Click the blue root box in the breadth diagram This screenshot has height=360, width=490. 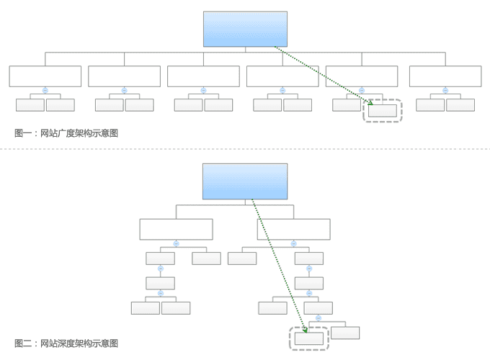click(x=245, y=30)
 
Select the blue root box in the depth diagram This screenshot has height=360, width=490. click(x=245, y=181)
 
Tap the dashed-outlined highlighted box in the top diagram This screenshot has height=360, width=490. click(x=383, y=111)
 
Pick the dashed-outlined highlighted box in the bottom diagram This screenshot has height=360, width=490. click(x=309, y=338)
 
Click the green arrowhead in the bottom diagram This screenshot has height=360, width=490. click(x=306, y=331)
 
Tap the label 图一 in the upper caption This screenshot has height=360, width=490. click(x=22, y=133)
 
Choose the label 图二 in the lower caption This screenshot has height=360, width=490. click(x=22, y=343)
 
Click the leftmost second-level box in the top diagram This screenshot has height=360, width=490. click(x=45, y=76)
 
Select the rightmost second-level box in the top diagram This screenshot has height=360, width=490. click(x=445, y=76)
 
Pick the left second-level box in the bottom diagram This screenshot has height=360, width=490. click(x=176, y=229)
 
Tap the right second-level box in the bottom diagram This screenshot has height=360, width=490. click(x=293, y=229)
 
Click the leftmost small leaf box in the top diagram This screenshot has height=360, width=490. click(x=30, y=105)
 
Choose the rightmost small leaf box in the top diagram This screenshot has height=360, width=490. click(x=460, y=105)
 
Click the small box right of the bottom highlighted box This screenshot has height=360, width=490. click(x=345, y=333)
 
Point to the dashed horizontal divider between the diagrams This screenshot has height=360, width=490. click(x=245, y=150)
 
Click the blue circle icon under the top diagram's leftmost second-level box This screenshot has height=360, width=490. click(x=45, y=91)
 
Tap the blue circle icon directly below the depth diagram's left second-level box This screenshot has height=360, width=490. click(x=176, y=243)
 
